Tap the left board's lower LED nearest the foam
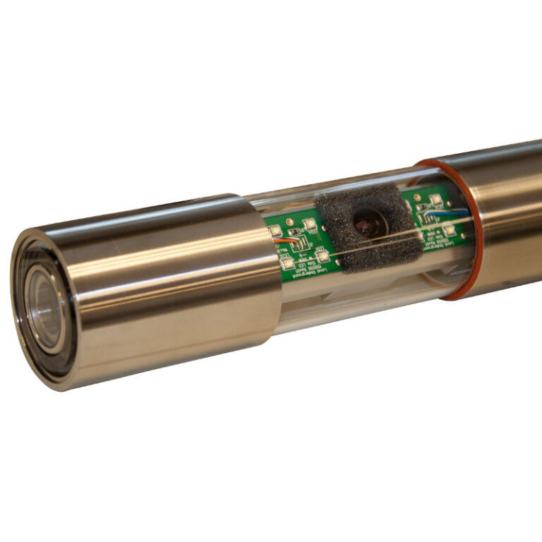322,255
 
